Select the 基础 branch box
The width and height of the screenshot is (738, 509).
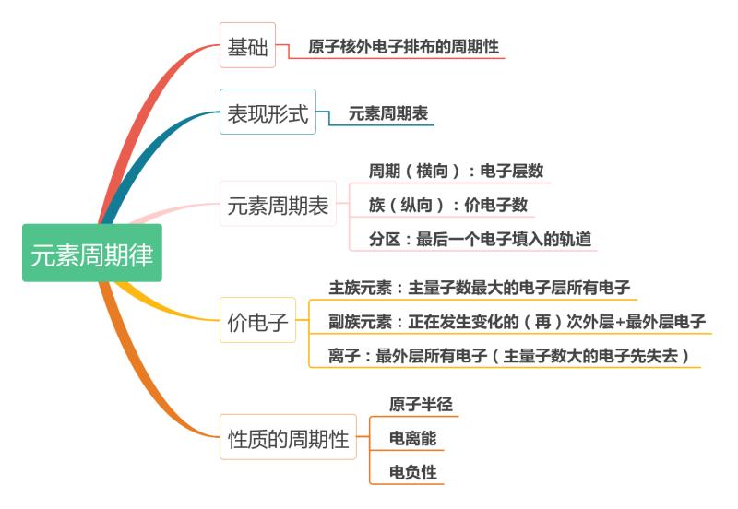point(248,47)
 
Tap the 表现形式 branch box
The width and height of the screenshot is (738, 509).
point(268,115)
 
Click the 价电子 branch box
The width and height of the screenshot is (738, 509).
point(257,322)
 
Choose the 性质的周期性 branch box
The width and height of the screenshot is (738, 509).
point(288,439)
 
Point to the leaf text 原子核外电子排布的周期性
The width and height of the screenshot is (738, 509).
point(406,44)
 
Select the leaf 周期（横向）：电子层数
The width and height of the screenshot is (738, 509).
point(456,171)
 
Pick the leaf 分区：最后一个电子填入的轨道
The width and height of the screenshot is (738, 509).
point(480,239)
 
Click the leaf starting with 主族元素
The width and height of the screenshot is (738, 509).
point(479,288)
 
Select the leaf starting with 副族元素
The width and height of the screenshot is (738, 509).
point(517,322)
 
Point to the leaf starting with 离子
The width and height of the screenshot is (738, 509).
point(508,356)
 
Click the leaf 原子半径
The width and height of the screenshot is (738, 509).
point(421,405)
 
